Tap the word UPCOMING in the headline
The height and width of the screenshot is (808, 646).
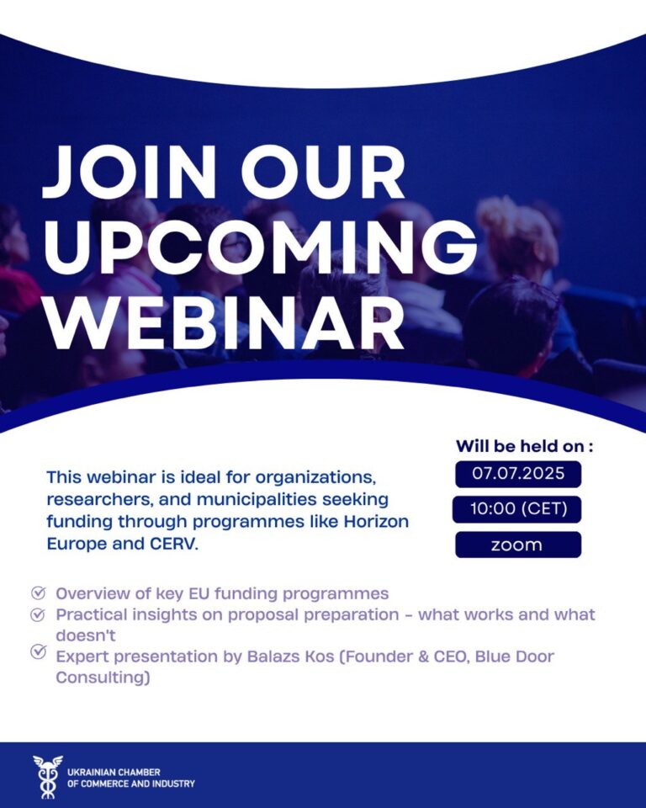point(261,247)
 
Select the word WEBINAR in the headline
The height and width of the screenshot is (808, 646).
point(225,323)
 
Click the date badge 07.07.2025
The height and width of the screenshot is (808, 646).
point(518,474)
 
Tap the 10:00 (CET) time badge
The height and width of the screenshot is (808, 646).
point(517,509)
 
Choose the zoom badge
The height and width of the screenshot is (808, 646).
point(518,545)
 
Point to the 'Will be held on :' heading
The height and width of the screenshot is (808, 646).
point(524,446)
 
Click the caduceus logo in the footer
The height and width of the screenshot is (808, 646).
point(48,777)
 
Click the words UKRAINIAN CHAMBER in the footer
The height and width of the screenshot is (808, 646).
point(114,773)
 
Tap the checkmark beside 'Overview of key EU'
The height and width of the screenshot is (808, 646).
point(38,593)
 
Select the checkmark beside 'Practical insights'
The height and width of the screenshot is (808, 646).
point(38,614)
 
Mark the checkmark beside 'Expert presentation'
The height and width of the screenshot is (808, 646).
point(38,651)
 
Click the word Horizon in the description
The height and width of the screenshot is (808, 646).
point(376,522)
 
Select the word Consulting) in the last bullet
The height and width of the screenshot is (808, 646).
point(103,678)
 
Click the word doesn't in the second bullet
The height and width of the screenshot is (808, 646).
point(86,635)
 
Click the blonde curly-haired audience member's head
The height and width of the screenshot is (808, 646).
point(518,232)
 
